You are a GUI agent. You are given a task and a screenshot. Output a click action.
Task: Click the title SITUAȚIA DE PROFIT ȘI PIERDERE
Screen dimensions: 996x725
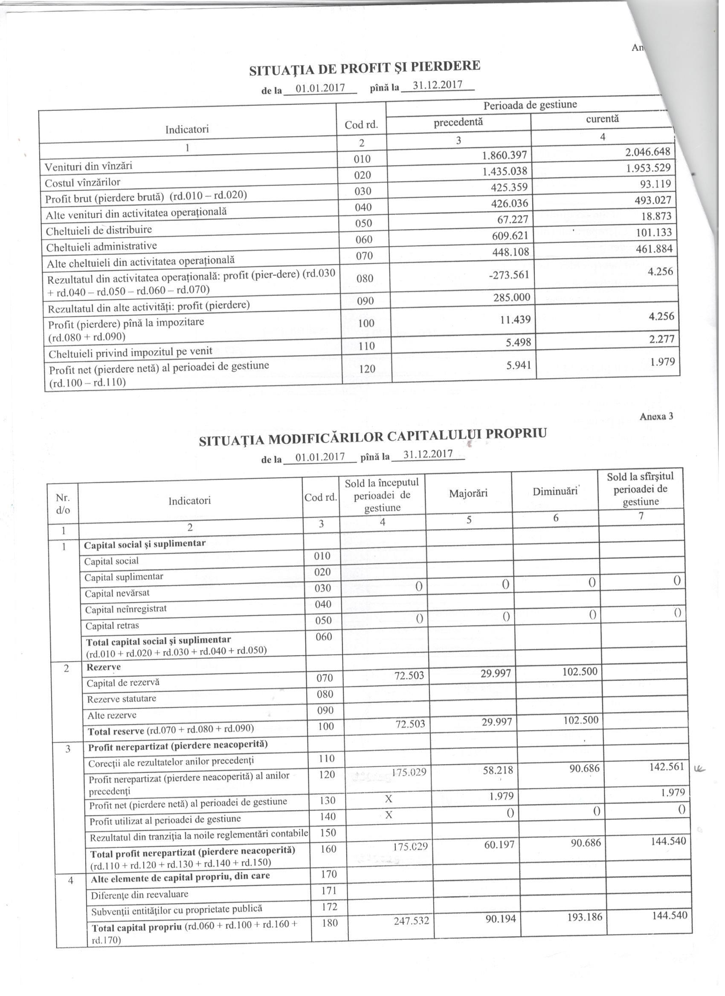pyautogui.click(x=365, y=68)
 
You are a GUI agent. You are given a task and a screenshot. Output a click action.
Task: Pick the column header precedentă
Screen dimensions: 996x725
pyautogui.click(x=458, y=122)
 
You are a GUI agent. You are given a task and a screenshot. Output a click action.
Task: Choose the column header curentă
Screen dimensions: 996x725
pyautogui.click(x=602, y=118)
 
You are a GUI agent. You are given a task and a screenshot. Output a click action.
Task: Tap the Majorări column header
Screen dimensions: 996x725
pyautogui.click(x=468, y=494)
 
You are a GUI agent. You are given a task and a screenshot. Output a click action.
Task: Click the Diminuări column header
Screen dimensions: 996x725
pyautogui.click(x=555, y=492)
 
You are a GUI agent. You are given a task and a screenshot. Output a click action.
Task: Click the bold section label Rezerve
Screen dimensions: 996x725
pyautogui.click(x=104, y=667)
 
